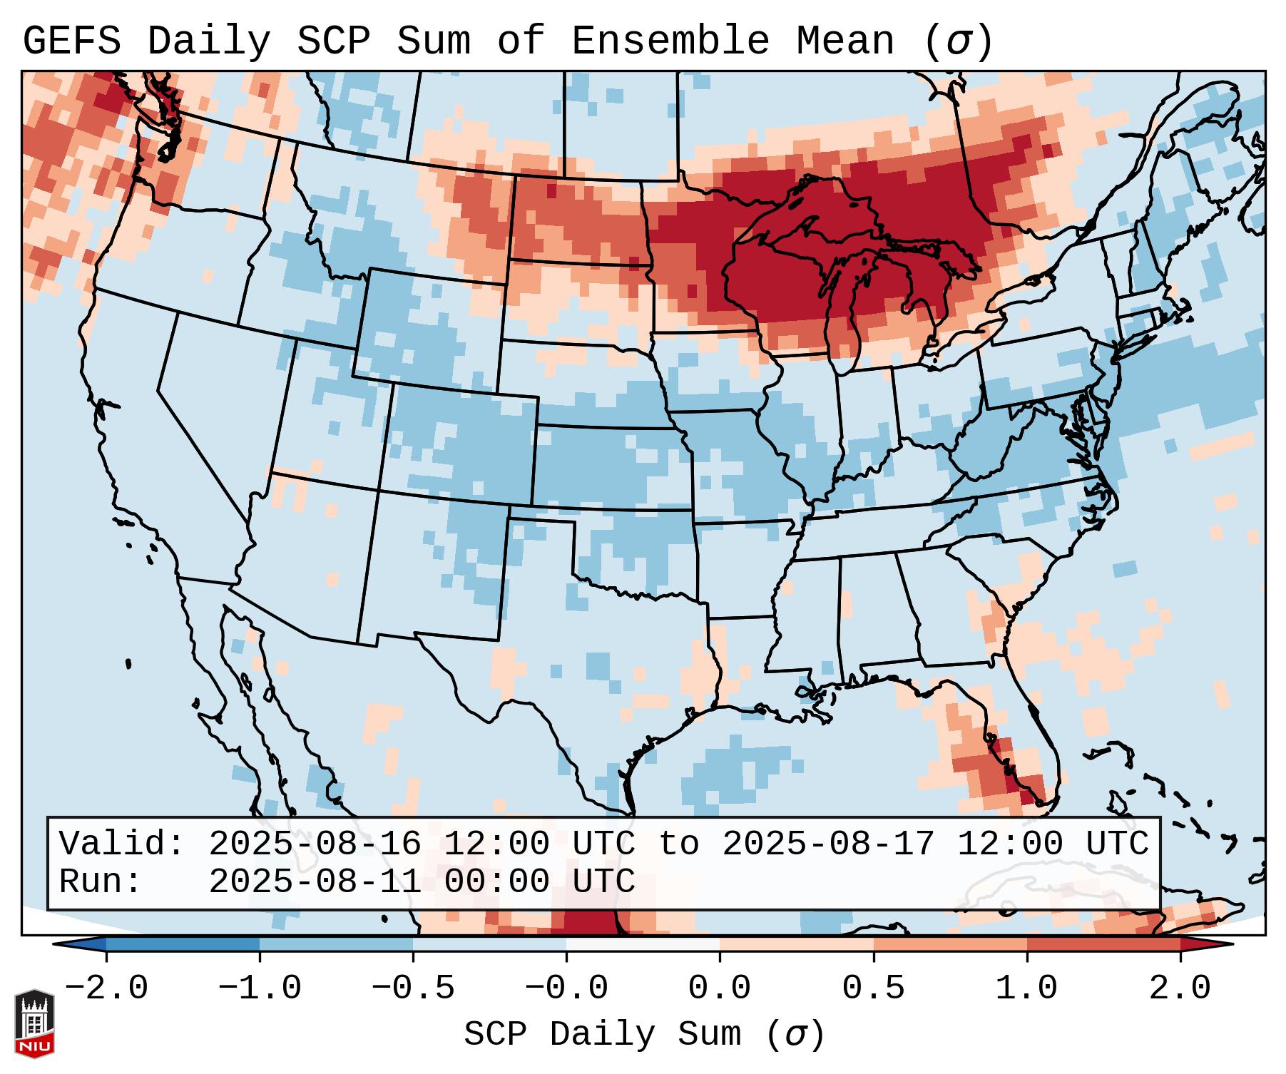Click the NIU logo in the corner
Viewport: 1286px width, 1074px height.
[x=34, y=1023]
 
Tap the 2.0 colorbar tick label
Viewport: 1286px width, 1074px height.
[x=1180, y=988]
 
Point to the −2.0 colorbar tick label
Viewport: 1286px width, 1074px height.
[x=106, y=988]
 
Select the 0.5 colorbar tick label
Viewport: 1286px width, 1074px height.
[x=873, y=988]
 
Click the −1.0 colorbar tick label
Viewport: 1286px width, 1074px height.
[x=259, y=988]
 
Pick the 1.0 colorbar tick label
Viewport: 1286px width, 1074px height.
[x=1026, y=988]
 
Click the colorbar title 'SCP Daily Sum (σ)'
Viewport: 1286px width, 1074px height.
[x=644, y=1035]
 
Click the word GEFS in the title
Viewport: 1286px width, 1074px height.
[x=71, y=41]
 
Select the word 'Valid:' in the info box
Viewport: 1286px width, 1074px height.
[x=121, y=844]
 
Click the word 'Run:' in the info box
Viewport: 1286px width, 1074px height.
[x=100, y=881]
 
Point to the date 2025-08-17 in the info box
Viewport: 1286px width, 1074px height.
[x=828, y=844]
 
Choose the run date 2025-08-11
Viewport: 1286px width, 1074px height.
[x=315, y=881]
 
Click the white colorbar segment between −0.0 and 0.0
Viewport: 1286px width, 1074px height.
[x=643, y=943]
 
